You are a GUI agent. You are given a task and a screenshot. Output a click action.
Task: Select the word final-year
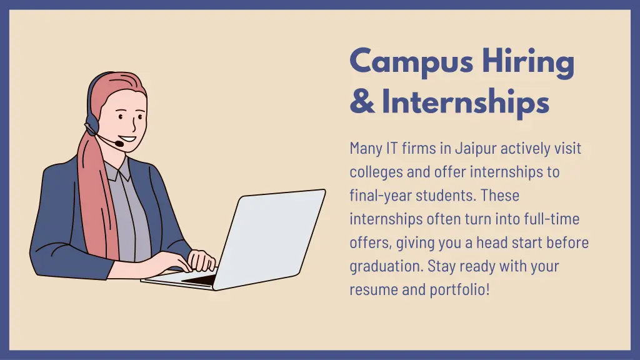click(379, 195)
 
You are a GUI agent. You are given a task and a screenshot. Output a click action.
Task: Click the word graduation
click(386, 266)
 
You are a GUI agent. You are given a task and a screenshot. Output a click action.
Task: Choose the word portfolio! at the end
click(459, 290)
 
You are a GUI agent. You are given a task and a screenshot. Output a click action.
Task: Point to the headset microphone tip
click(119, 144)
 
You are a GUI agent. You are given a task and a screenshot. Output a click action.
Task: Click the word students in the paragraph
click(446, 195)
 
